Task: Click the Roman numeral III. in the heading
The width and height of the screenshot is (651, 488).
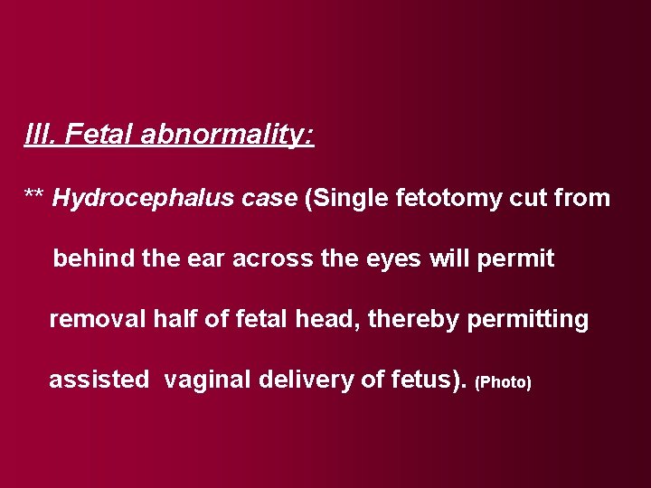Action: coord(39,136)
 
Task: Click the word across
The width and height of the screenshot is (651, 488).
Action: coord(274,258)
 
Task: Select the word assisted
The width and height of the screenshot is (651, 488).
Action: coord(99,380)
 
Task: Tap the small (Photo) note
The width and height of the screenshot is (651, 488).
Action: coord(503,382)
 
